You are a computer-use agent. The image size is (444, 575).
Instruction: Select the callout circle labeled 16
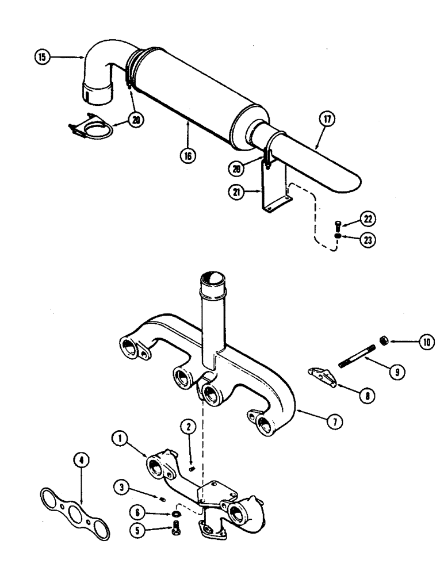[188, 154]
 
